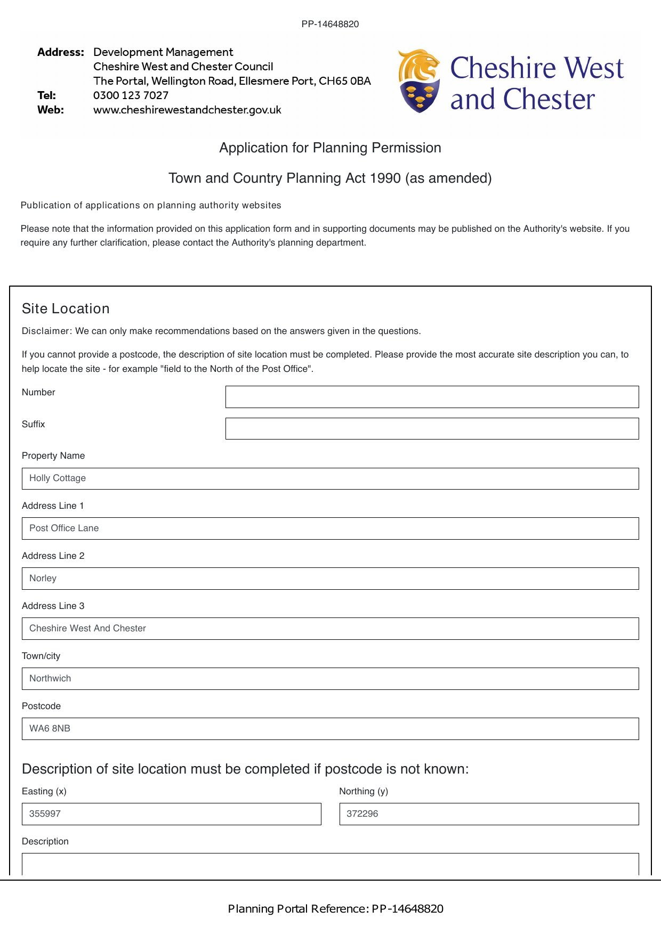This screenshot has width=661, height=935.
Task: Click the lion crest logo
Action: (x=420, y=81)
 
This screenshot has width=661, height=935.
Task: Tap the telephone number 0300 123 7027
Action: (x=131, y=95)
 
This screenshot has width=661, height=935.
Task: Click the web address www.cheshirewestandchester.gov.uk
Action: (x=187, y=110)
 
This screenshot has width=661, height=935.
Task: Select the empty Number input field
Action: (x=432, y=397)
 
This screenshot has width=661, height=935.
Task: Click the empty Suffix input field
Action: (x=432, y=428)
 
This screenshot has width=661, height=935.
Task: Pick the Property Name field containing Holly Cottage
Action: (x=330, y=478)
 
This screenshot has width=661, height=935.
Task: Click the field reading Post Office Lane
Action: (x=330, y=529)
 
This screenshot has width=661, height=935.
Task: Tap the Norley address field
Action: (x=330, y=579)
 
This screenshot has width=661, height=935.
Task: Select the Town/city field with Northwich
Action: (x=330, y=679)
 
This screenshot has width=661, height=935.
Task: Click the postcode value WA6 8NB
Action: (x=50, y=728)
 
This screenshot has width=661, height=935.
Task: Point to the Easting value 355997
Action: (x=45, y=814)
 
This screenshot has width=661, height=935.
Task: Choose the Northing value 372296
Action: (x=362, y=814)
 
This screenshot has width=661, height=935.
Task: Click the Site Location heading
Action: (x=66, y=308)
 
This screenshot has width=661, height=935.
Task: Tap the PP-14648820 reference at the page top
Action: (x=330, y=24)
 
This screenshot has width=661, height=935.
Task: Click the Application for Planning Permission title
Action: (x=330, y=148)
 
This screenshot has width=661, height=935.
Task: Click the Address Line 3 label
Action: (x=53, y=606)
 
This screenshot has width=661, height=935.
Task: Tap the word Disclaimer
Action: (x=46, y=331)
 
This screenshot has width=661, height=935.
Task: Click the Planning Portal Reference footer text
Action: (x=335, y=909)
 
